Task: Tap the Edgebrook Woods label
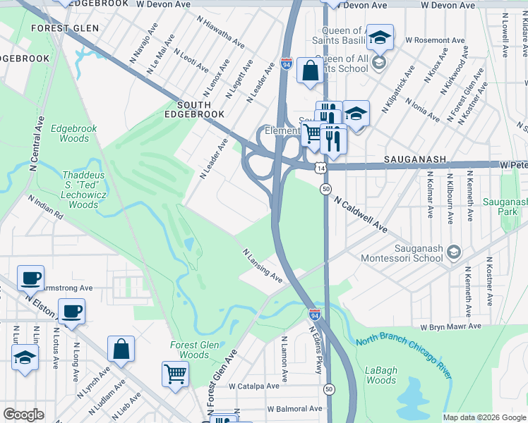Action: point(74,133)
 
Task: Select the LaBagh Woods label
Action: point(382,375)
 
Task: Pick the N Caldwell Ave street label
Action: point(361,214)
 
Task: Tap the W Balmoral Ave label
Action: point(294,409)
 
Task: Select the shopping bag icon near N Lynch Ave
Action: point(121,348)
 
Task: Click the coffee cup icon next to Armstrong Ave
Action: point(30,278)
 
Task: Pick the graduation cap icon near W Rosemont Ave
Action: point(380,37)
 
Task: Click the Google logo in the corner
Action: point(23,415)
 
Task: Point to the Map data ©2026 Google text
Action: point(484,417)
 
